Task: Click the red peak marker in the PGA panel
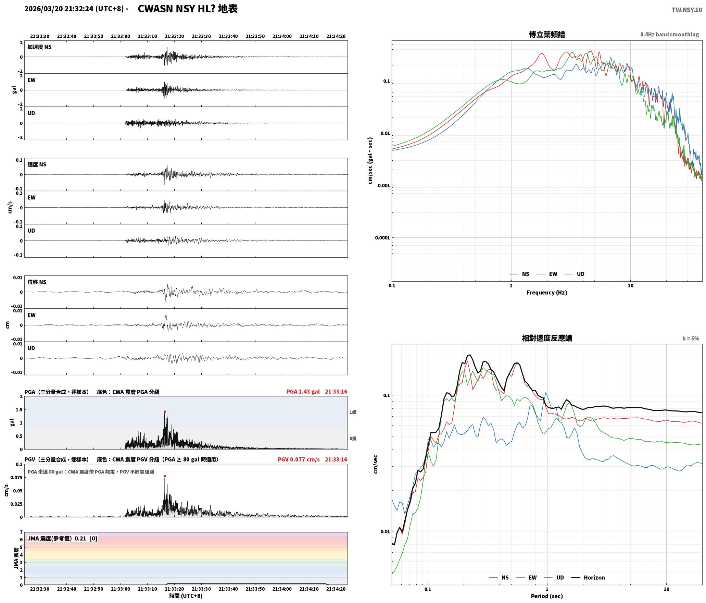click(x=165, y=411)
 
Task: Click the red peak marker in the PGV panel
click(x=165, y=476)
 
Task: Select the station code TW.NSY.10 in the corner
click(x=686, y=10)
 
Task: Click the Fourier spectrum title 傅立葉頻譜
click(x=547, y=35)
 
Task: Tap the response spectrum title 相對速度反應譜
click(x=547, y=338)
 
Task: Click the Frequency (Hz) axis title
click(x=547, y=293)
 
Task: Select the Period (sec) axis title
click(x=547, y=596)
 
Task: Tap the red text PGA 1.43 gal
click(x=303, y=392)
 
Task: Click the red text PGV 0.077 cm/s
click(x=299, y=459)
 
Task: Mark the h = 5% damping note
click(x=691, y=339)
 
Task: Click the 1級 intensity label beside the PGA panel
click(x=353, y=412)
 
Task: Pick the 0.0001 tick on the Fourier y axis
click(x=382, y=238)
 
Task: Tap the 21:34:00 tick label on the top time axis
click(x=282, y=36)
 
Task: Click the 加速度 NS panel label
click(x=39, y=47)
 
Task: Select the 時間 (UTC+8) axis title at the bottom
click(x=186, y=596)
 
